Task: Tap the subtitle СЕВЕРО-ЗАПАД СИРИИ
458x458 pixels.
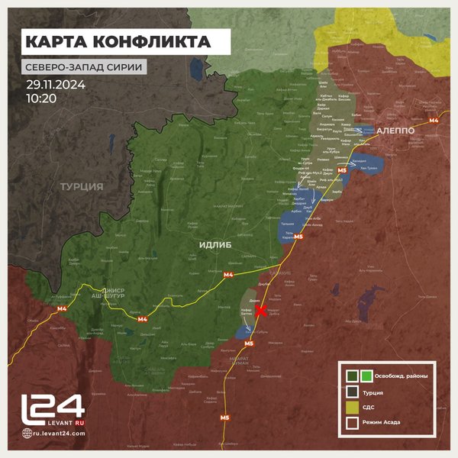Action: coord(84,66)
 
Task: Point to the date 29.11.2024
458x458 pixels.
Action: coord(56,84)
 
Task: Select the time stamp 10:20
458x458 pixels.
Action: coord(40,98)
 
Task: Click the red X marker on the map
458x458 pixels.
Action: coord(261,311)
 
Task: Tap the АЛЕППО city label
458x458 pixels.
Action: coord(395,131)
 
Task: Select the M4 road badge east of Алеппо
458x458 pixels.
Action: coord(433,120)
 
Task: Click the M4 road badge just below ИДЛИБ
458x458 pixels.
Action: coord(227,274)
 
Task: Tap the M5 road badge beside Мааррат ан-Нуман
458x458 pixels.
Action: coord(249,344)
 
